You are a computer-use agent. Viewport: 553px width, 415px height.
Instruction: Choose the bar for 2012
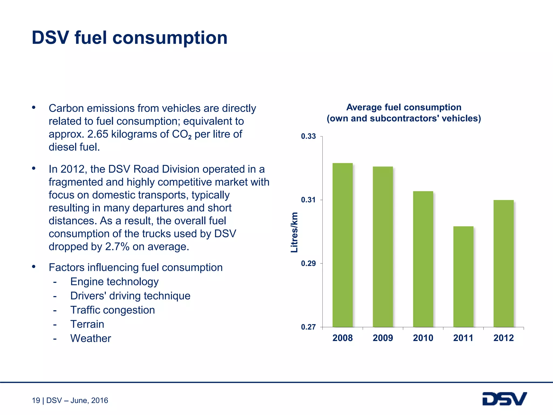click(x=503, y=263)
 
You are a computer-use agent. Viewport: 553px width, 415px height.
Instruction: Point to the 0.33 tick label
click(x=308, y=136)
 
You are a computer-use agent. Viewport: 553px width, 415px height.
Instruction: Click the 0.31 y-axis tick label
click(x=308, y=200)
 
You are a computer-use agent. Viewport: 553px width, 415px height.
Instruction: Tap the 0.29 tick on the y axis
click(x=308, y=263)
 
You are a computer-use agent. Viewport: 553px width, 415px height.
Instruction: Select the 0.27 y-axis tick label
click(x=308, y=327)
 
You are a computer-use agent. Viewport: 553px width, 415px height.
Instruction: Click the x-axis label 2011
click(x=463, y=338)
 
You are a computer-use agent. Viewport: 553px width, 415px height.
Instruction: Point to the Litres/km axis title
click(x=294, y=232)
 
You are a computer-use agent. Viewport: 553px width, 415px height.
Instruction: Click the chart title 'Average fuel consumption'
click(x=404, y=107)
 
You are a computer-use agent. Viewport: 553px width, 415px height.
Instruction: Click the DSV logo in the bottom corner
click(x=504, y=399)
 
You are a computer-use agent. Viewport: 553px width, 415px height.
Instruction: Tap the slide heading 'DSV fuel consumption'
click(x=130, y=38)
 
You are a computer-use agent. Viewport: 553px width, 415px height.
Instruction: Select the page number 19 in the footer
click(x=36, y=400)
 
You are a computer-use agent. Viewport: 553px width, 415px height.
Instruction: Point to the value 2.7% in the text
click(x=117, y=247)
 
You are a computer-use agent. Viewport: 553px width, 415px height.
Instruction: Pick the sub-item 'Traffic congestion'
click(x=113, y=310)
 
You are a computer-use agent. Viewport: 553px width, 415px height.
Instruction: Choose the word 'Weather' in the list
click(x=91, y=339)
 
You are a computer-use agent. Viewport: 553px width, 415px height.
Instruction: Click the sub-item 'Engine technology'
click(x=114, y=282)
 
